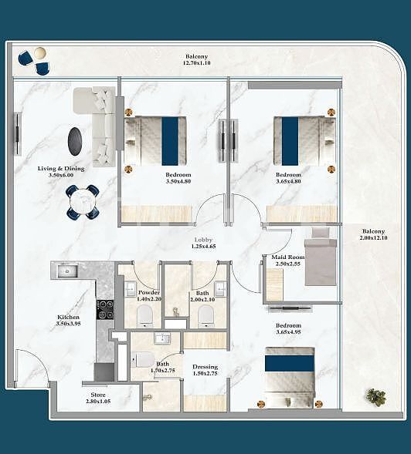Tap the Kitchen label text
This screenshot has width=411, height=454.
click(68, 317)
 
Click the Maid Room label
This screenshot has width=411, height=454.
click(287, 257)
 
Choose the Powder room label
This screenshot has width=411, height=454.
click(148, 293)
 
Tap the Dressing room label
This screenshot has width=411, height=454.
click(205, 367)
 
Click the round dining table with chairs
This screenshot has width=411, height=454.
click(82, 202)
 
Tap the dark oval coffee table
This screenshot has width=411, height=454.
click(76, 141)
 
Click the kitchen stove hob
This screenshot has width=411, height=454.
click(104, 309)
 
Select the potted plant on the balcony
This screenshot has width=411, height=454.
click(376, 397)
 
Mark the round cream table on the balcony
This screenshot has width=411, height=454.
click(40, 52)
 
